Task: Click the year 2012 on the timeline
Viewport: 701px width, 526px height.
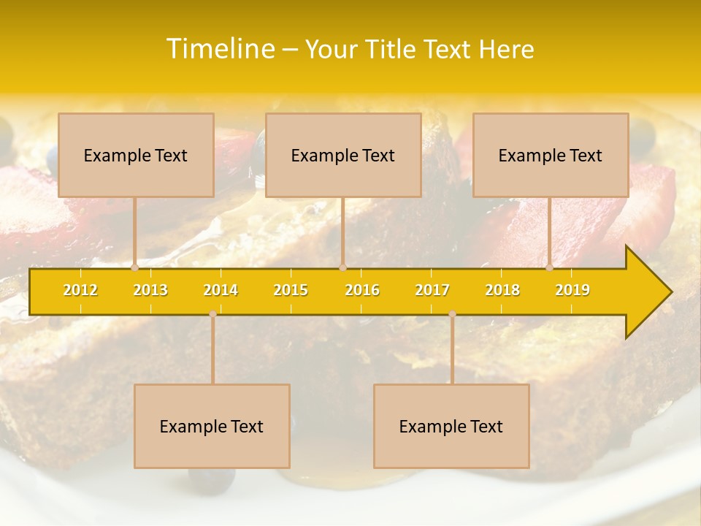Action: click(80, 290)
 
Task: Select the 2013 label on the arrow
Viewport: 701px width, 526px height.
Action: click(150, 290)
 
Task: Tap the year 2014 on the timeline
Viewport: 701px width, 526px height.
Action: click(221, 290)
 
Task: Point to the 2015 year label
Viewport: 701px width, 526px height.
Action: click(291, 290)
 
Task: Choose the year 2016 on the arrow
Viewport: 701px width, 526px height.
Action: click(362, 290)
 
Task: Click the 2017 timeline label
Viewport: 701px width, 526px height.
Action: click(432, 290)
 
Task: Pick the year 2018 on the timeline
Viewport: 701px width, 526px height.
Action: click(502, 290)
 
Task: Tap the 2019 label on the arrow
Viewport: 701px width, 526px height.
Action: click(572, 290)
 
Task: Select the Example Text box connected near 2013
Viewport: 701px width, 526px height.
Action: click(136, 155)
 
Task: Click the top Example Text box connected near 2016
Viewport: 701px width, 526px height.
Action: click(343, 155)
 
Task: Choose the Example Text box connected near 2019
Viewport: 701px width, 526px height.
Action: click(551, 155)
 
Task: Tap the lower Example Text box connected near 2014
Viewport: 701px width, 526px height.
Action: click(212, 426)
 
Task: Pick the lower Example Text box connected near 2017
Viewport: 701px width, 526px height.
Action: click(451, 426)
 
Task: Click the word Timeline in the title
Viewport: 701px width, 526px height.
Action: click(220, 49)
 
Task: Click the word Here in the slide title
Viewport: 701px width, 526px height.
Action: click(506, 50)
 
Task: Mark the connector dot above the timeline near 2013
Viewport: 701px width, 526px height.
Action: click(135, 268)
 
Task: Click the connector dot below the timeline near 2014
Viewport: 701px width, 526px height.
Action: click(212, 314)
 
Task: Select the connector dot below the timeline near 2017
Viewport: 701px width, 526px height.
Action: click(452, 314)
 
